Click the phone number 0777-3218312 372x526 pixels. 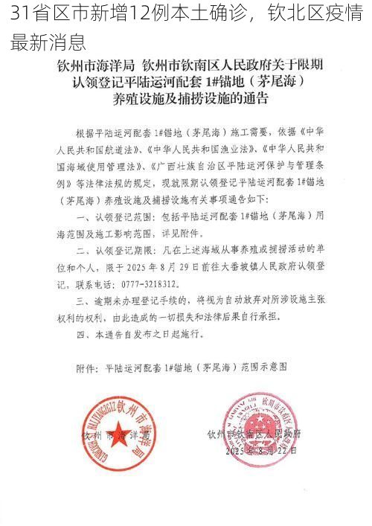(147, 283)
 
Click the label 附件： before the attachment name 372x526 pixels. (89, 367)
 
